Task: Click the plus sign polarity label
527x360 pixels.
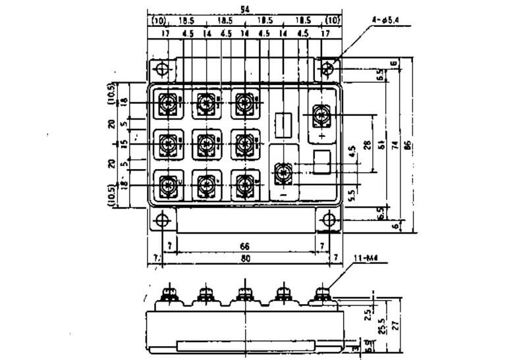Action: coord(321,135)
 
